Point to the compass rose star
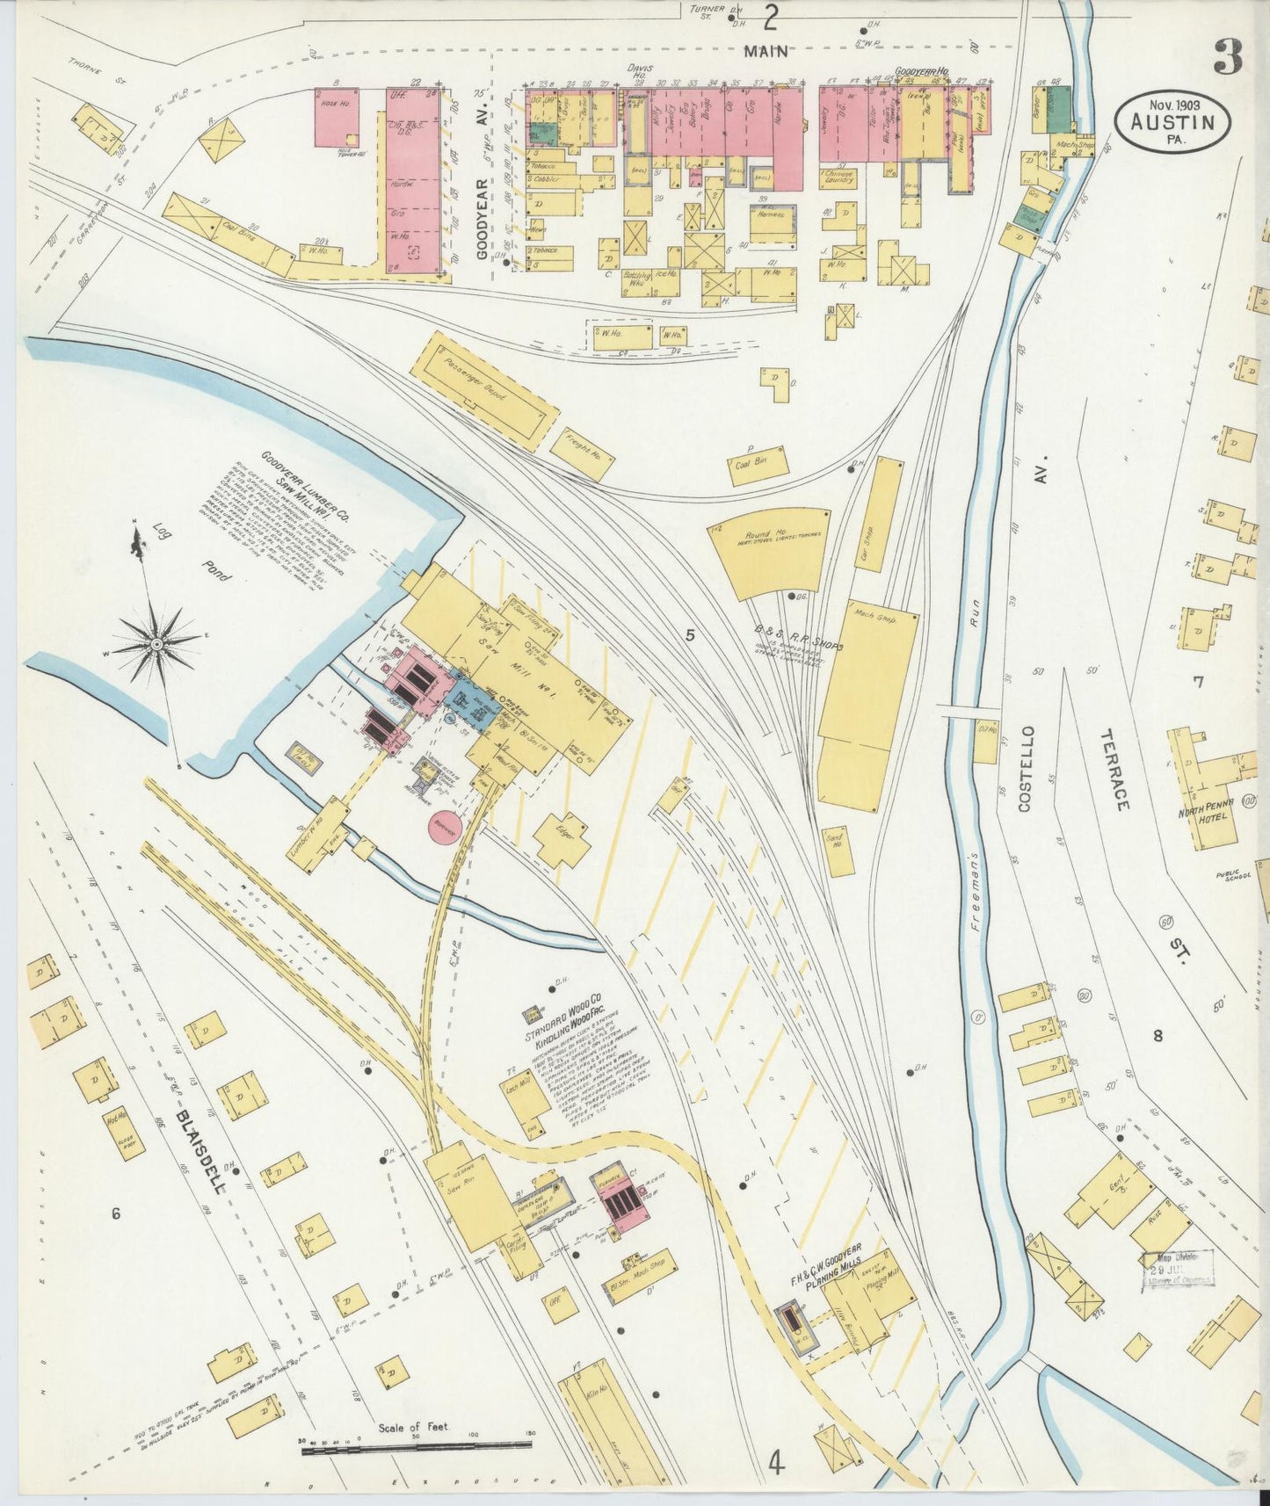click(x=157, y=644)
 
